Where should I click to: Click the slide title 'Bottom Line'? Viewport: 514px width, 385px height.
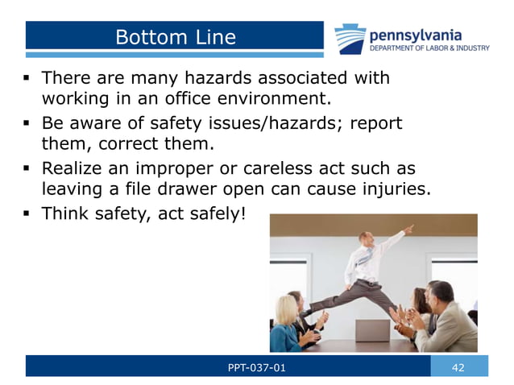(175, 37)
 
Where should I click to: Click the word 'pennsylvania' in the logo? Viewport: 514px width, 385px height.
(415, 35)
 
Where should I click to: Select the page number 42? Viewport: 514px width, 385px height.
(458, 367)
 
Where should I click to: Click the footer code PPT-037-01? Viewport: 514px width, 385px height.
(257, 367)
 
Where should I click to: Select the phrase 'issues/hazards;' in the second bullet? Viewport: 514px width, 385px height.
(266, 124)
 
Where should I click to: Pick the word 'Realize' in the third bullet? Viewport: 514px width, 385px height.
(73, 169)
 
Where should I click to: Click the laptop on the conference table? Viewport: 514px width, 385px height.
(371, 329)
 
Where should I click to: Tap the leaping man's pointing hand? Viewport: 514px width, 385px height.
(409, 229)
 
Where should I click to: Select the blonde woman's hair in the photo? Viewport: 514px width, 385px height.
(286, 309)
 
